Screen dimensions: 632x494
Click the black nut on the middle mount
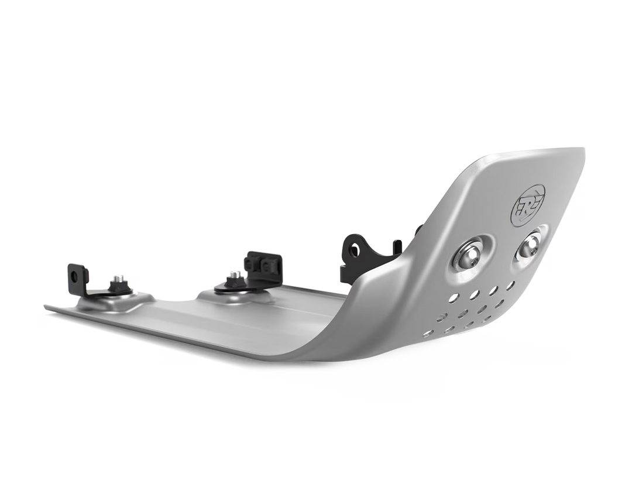tap(233, 282)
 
